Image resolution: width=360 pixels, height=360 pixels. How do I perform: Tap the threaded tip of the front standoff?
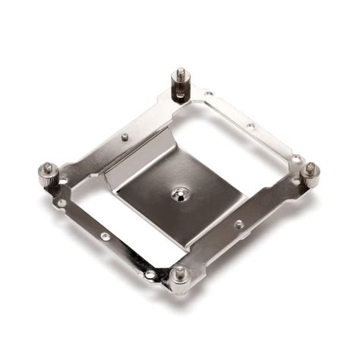click(180, 270)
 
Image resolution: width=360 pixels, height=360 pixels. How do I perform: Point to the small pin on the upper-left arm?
click(125, 137)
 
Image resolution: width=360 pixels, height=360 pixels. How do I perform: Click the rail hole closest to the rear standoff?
click(209, 94)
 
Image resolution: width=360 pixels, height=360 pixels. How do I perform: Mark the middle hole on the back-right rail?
click(250, 125)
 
